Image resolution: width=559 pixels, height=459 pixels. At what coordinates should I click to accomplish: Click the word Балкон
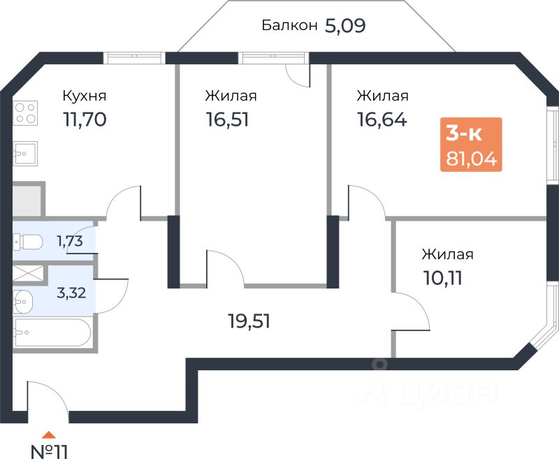(x=289, y=25)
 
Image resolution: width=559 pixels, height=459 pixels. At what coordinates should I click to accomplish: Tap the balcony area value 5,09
(x=345, y=26)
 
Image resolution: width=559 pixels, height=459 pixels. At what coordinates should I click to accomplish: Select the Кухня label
(x=85, y=96)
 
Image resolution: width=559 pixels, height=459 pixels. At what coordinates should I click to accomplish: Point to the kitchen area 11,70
(x=85, y=119)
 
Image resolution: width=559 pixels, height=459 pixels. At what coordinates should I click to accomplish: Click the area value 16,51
(x=228, y=119)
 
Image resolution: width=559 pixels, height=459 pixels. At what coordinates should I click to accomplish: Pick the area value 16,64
(x=382, y=119)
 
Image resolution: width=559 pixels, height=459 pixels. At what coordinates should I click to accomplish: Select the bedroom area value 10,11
(x=443, y=278)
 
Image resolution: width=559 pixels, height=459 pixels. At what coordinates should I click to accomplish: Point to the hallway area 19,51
(x=249, y=321)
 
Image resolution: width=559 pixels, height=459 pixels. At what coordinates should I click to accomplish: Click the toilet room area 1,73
(x=70, y=241)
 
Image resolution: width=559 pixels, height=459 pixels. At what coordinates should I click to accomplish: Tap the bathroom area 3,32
(x=71, y=293)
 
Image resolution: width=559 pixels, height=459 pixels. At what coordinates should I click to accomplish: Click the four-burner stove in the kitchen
(x=25, y=113)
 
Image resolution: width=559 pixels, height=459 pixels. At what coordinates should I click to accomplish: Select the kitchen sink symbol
(x=25, y=154)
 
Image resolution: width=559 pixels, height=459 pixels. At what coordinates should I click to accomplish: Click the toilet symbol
(x=28, y=242)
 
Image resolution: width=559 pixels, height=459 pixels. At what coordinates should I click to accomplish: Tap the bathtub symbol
(x=52, y=333)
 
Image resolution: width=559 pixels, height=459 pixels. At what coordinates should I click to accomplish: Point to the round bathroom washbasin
(x=23, y=302)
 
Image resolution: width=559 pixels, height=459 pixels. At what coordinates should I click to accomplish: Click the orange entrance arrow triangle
(x=49, y=435)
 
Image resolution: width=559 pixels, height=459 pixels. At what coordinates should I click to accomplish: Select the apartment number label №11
(x=49, y=451)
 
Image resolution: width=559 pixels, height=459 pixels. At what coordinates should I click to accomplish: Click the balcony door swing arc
(x=298, y=76)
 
